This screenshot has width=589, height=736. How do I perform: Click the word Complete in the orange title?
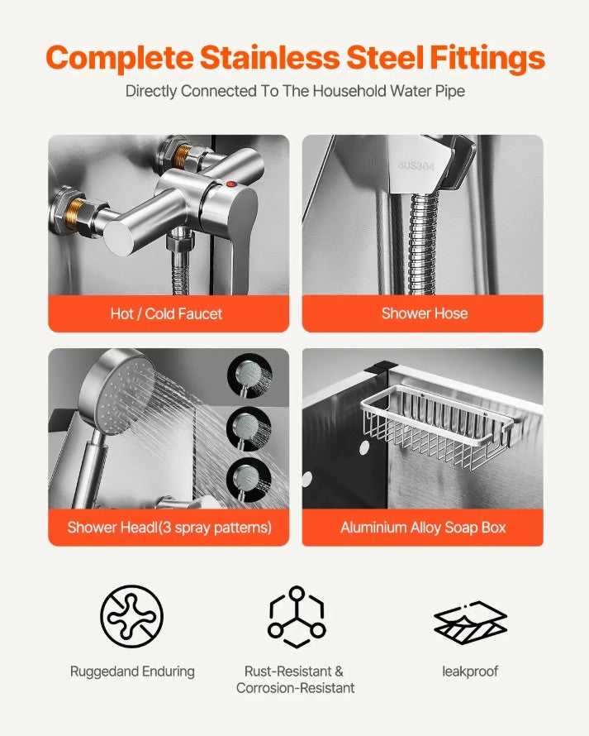(x=120, y=58)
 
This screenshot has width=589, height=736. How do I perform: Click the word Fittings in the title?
(x=487, y=58)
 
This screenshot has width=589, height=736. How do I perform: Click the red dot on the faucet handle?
(x=230, y=184)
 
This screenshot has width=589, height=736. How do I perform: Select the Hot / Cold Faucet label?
(x=167, y=313)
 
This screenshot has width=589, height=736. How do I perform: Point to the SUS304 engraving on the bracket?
(x=416, y=165)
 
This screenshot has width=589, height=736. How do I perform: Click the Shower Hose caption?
(x=425, y=313)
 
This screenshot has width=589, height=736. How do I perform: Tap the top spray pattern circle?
(x=250, y=375)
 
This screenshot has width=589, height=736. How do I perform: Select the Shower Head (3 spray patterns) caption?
(x=169, y=527)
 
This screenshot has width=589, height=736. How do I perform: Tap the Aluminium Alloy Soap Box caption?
(x=423, y=527)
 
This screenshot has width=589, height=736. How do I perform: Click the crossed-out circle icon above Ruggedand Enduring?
(x=132, y=616)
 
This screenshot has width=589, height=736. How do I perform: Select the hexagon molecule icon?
(x=297, y=617)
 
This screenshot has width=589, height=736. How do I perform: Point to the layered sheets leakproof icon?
(x=470, y=623)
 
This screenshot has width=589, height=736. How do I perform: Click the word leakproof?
(x=470, y=671)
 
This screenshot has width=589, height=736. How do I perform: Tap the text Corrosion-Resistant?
(x=296, y=688)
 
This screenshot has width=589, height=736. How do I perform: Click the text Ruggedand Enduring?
(x=132, y=671)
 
